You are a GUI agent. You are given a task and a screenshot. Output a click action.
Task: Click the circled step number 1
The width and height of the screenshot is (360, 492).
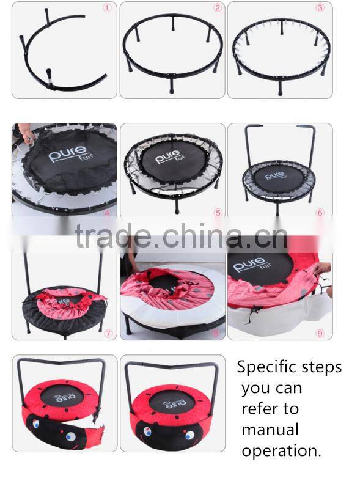pos(108,8)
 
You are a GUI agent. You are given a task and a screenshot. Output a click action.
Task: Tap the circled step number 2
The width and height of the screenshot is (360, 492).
pos(217,7)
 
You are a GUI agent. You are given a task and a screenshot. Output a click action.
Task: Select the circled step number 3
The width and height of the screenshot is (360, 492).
pos(320,7)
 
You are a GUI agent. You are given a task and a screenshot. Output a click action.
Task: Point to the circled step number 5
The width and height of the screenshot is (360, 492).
pos(218,213)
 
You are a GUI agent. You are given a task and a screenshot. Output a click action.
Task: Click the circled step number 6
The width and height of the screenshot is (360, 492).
pos(320,213)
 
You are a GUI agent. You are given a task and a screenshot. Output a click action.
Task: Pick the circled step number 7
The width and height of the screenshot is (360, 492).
pos(108,333)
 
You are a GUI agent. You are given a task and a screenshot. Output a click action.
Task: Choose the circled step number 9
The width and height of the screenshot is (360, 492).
pos(320,333)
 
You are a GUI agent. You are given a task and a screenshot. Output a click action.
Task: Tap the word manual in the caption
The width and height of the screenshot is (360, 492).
pos(270,430)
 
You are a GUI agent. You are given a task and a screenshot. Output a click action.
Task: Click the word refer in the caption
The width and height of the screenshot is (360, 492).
pos(259,409)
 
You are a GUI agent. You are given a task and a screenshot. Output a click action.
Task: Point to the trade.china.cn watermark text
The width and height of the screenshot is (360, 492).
pos(181,235)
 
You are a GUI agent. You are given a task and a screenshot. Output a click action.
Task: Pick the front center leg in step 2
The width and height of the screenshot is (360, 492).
pos(171,84)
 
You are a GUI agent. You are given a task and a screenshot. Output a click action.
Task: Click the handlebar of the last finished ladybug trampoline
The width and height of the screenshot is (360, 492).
pos(171,365)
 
